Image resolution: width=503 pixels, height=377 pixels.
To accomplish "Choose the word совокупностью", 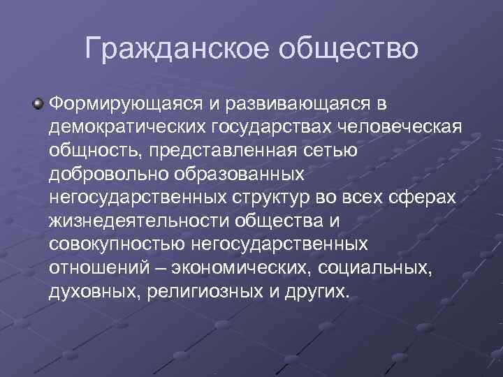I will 113,246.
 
